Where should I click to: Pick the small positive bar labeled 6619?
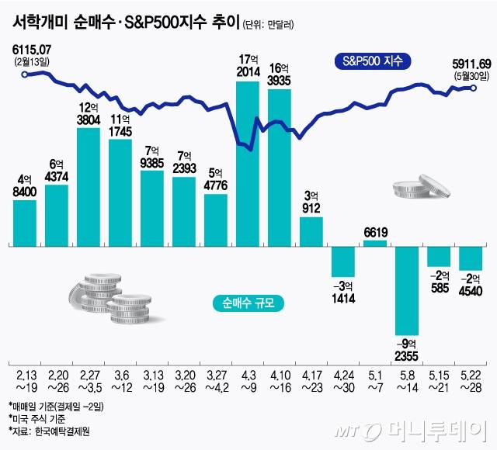tap(375, 243)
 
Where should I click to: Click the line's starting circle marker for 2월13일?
tap(26, 74)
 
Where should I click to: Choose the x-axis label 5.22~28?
tap(471, 380)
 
